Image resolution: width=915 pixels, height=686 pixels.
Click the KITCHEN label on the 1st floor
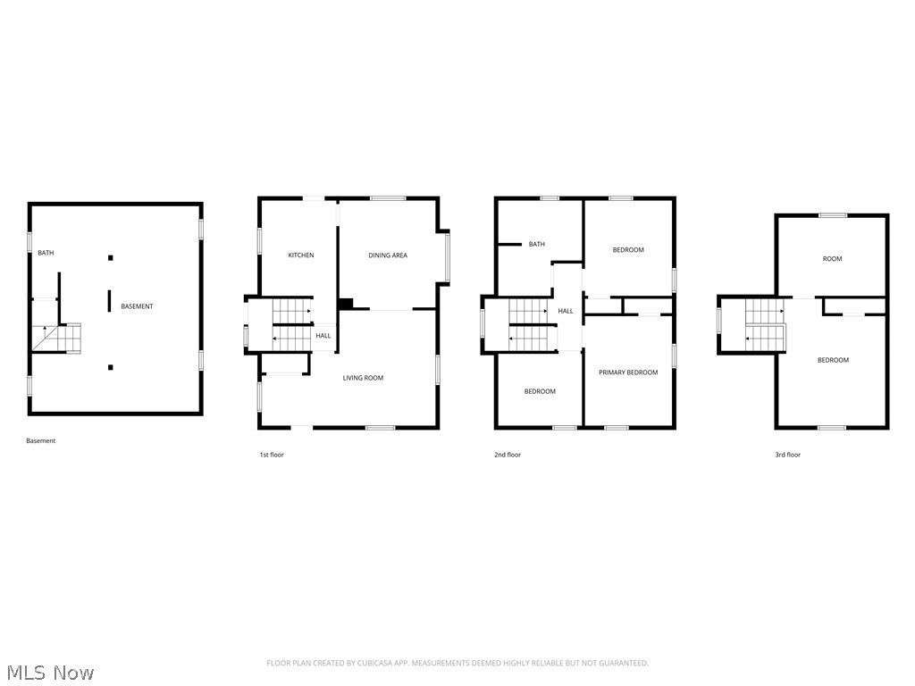[x=300, y=255]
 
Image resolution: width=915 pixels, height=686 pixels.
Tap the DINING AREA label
[x=387, y=255]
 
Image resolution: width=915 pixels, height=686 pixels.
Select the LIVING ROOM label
[x=363, y=378]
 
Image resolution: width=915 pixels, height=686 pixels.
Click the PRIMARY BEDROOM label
[x=628, y=372]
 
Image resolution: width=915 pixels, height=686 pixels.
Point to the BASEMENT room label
[x=137, y=306]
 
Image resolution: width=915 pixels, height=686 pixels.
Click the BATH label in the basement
[x=46, y=253]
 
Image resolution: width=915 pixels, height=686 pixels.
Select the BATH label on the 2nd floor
[x=536, y=244]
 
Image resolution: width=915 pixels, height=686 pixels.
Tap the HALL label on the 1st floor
[x=323, y=336]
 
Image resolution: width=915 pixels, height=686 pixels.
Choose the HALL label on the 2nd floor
[x=566, y=311]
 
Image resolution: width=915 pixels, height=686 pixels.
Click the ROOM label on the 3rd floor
[x=832, y=259]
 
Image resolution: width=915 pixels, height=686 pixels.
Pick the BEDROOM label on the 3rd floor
[x=833, y=360]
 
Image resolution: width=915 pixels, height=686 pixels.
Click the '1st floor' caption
[x=272, y=455]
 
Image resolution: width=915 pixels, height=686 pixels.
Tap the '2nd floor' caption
[x=508, y=455]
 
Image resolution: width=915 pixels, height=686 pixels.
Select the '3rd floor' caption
[x=787, y=455]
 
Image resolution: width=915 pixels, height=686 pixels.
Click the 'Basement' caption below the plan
[x=40, y=440]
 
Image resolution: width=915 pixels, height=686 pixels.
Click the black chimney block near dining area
[x=346, y=304]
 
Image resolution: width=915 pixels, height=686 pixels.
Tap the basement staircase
[x=56, y=339]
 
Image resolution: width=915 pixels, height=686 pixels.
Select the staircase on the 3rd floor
[x=765, y=325]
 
